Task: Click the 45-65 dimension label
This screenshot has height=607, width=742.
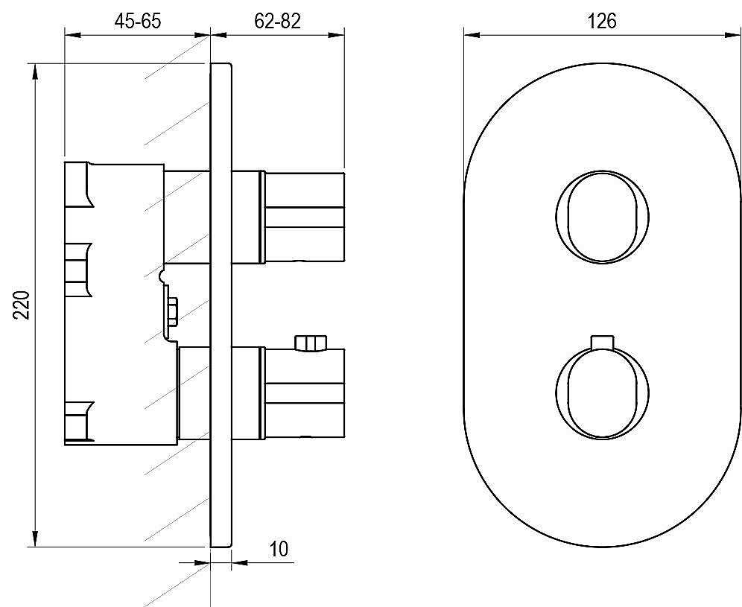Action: point(137,21)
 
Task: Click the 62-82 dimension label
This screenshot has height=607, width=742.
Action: point(277,21)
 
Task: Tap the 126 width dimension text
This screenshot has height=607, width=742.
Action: point(602,22)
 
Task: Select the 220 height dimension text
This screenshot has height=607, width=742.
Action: point(22,305)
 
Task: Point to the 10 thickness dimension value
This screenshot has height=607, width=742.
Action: point(279,550)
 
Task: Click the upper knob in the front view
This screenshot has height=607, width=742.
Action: point(602,217)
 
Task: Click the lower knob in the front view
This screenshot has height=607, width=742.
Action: point(602,393)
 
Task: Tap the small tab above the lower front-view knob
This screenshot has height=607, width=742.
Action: point(602,343)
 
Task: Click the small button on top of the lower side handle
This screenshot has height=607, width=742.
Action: point(311,343)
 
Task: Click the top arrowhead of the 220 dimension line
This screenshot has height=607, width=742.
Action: point(34,74)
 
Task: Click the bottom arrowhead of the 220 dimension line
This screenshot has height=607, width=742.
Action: point(34,538)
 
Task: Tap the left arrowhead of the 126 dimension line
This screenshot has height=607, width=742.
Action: point(472,34)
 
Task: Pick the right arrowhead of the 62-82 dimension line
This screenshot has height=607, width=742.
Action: point(336,34)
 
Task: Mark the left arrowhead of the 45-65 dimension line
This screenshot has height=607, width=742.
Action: point(73,34)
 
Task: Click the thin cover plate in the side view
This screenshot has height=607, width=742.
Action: point(221,305)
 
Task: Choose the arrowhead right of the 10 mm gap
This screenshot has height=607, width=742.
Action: point(239,562)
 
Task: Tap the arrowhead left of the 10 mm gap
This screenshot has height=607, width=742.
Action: point(202,562)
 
